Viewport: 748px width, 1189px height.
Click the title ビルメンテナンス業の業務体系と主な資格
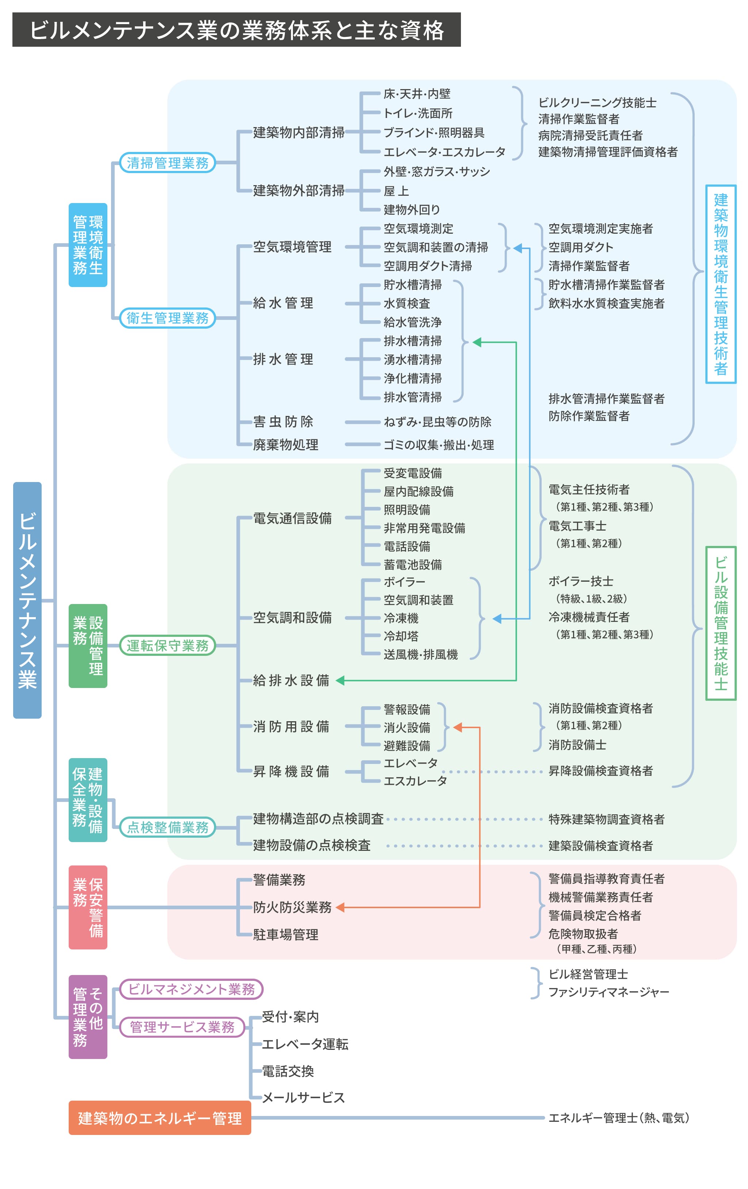(236, 30)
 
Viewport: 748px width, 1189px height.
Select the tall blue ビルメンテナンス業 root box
(27, 600)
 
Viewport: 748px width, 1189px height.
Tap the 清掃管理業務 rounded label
(167, 163)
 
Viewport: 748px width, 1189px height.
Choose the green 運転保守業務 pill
(167, 645)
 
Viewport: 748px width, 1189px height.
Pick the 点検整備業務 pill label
(167, 827)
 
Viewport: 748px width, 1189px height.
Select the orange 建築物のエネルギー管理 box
(160, 1118)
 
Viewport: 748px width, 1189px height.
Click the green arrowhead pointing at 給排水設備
(340, 680)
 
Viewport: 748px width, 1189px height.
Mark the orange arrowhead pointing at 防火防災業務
(340, 907)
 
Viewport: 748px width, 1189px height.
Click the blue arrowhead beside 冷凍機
(497, 618)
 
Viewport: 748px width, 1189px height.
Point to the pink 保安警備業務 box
(88, 907)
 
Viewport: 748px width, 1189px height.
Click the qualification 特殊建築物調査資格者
(606, 819)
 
